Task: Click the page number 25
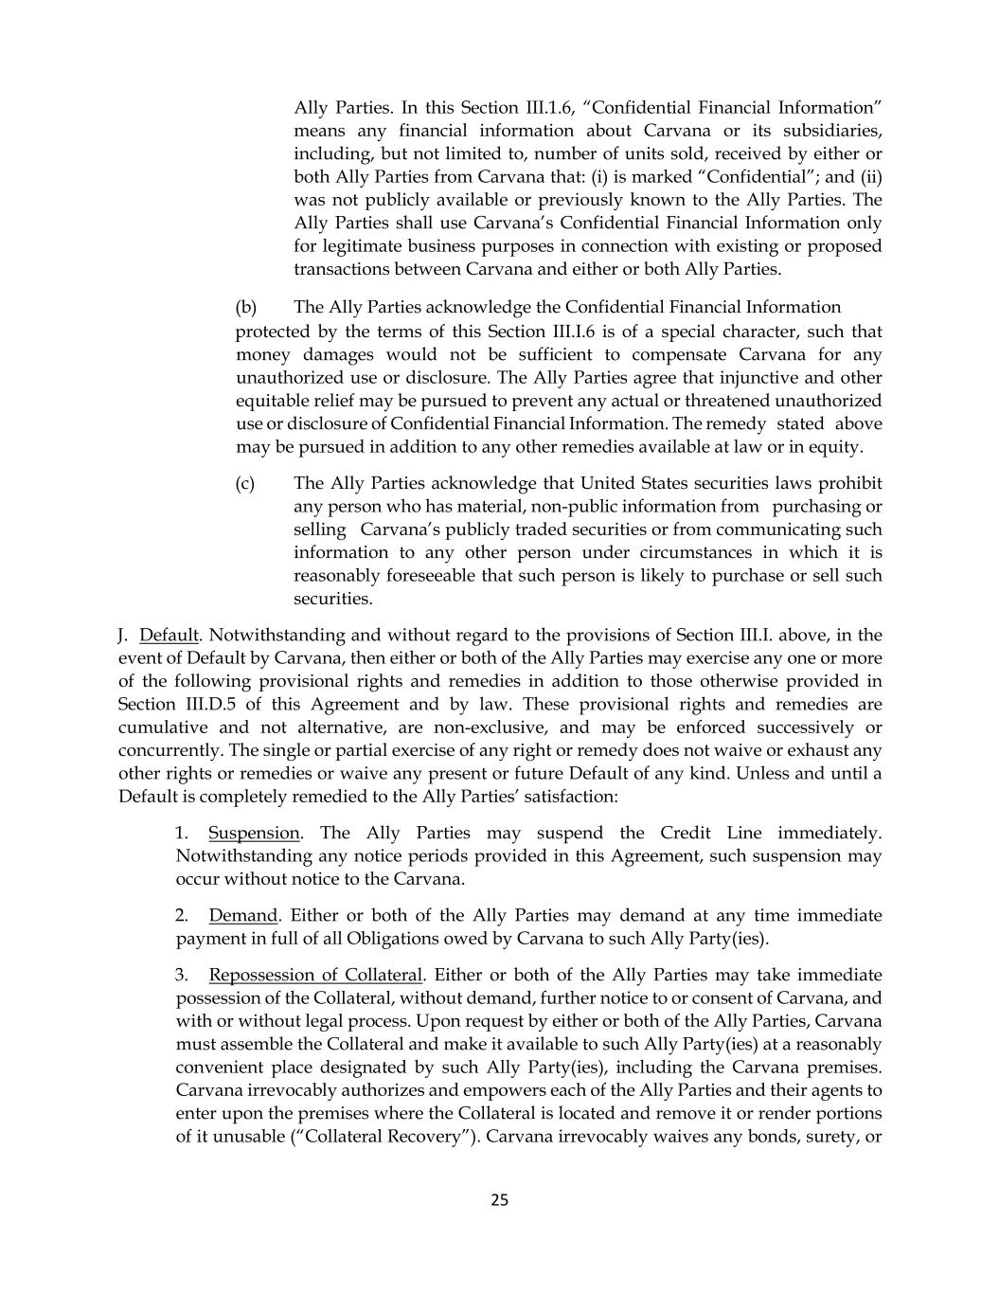500,1200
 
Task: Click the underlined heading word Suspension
254,833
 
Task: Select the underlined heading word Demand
243,915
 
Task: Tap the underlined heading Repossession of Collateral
315,975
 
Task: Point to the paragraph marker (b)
246,307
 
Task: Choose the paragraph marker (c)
245,483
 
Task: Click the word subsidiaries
833,131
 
